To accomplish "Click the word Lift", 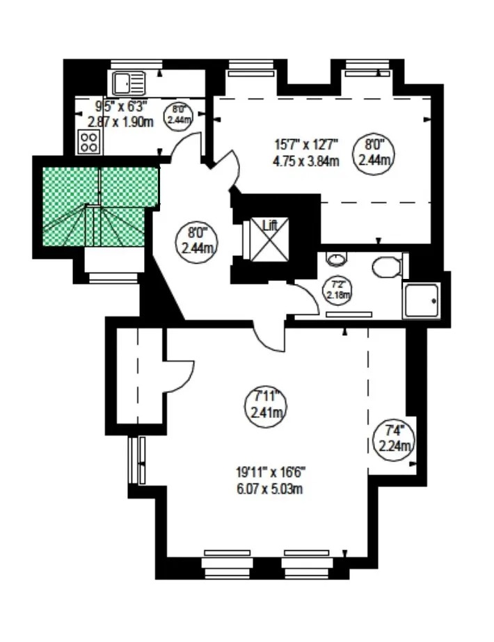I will click(269, 225).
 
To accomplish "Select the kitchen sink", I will click(127, 83).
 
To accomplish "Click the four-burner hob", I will click(88, 143).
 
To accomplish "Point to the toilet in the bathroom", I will click(385, 266).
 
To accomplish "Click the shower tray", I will click(422, 300).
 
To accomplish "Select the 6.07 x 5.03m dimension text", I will click(269, 488).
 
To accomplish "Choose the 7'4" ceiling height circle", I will click(394, 438).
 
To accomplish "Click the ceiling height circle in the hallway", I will click(194, 239).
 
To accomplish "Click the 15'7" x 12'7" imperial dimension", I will click(306, 145).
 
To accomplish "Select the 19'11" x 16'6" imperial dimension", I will click(269, 474).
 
